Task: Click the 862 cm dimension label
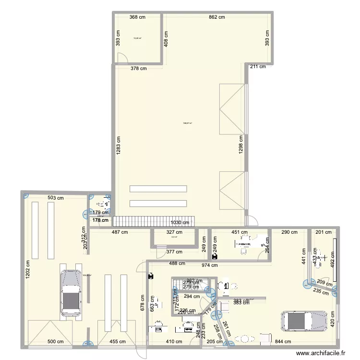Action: click(x=216, y=17)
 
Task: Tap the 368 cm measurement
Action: click(x=137, y=17)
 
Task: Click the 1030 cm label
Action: click(x=182, y=222)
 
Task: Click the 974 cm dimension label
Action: click(x=209, y=264)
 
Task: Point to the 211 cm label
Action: click(x=257, y=67)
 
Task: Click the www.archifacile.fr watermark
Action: click(x=321, y=353)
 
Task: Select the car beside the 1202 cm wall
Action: click(x=71, y=293)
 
